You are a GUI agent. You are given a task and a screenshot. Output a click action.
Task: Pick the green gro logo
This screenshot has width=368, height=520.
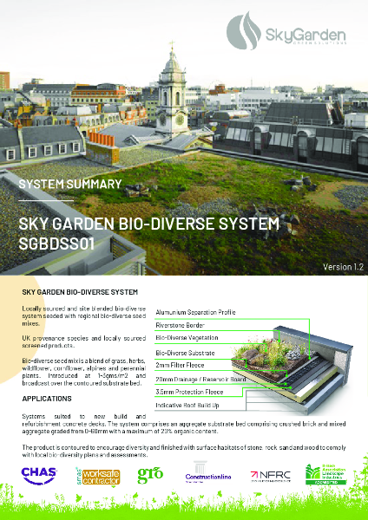coord(150,475)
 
